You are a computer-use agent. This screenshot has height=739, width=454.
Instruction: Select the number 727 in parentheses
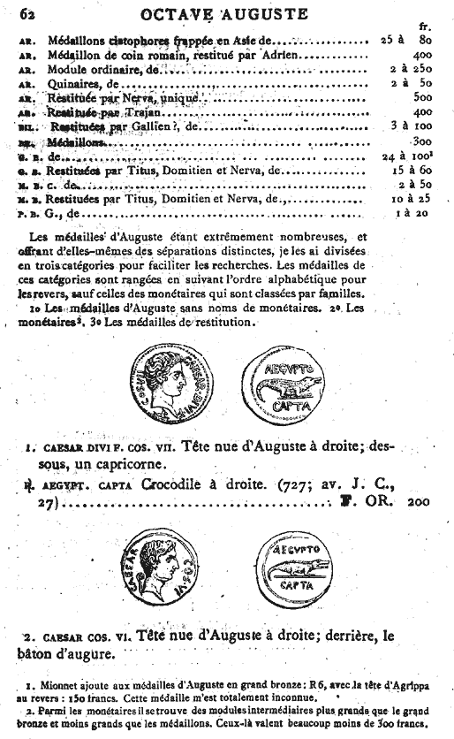point(314,485)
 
